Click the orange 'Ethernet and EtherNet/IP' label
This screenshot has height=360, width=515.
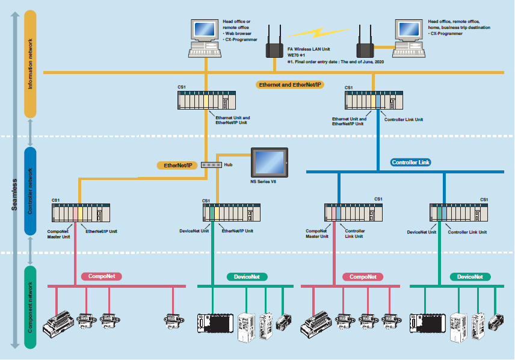291,85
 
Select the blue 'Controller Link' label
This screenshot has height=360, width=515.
412,162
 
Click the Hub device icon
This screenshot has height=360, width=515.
212,164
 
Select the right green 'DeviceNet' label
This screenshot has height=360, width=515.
470,276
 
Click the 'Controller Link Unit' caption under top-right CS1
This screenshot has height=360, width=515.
403,120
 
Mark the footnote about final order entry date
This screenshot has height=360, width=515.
334,61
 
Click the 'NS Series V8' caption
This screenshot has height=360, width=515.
263,181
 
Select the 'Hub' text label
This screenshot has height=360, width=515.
229,164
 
